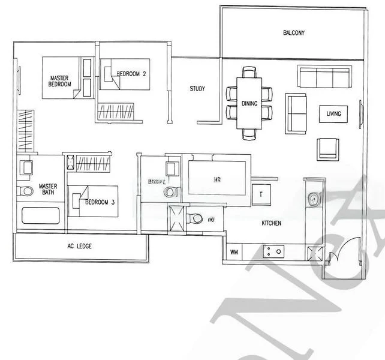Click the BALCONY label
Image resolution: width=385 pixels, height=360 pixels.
(x=293, y=33)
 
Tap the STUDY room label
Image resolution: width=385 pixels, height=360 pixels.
(x=197, y=89)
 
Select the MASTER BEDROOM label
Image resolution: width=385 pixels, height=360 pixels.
(x=60, y=82)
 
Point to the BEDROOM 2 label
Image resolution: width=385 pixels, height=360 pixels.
(x=132, y=74)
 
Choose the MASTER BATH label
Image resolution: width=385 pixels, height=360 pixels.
(x=47, y=191)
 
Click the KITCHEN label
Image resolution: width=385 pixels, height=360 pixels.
(x=271, y=223)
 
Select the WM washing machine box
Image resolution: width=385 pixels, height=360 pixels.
(x=234, y=253)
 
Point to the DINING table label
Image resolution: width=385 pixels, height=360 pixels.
(x=249, y=104)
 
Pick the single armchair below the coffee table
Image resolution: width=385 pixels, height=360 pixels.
(x=328, y=148)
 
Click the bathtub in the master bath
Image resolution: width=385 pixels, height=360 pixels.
(x=41, y=216)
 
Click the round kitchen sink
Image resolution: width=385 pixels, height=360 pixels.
(x=313, y=197)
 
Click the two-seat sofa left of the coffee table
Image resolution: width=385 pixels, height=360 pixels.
(x=295, y=113)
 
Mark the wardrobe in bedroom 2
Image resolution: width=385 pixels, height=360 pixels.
(x=118, y=110)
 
